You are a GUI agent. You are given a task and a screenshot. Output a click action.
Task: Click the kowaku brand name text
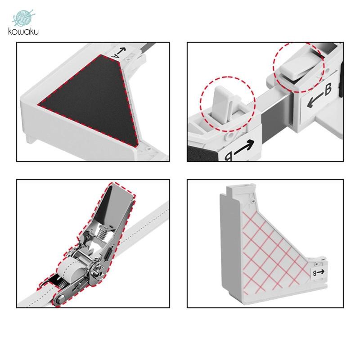[x=23, y=31]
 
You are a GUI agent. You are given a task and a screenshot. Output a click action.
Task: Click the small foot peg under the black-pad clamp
[x=30, y=139]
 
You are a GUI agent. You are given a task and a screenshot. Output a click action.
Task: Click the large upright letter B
[x=328, y=89]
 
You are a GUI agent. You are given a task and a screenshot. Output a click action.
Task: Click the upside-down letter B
[x=229, y=157]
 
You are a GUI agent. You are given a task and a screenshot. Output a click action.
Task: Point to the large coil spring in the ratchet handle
[x=101, y=232]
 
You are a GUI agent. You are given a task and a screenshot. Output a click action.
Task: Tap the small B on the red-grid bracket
[x=315, y=273]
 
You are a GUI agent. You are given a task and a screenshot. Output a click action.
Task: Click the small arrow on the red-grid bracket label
[x=321, y=272]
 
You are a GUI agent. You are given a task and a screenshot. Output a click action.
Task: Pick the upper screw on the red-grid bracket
[x=253, y=201]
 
